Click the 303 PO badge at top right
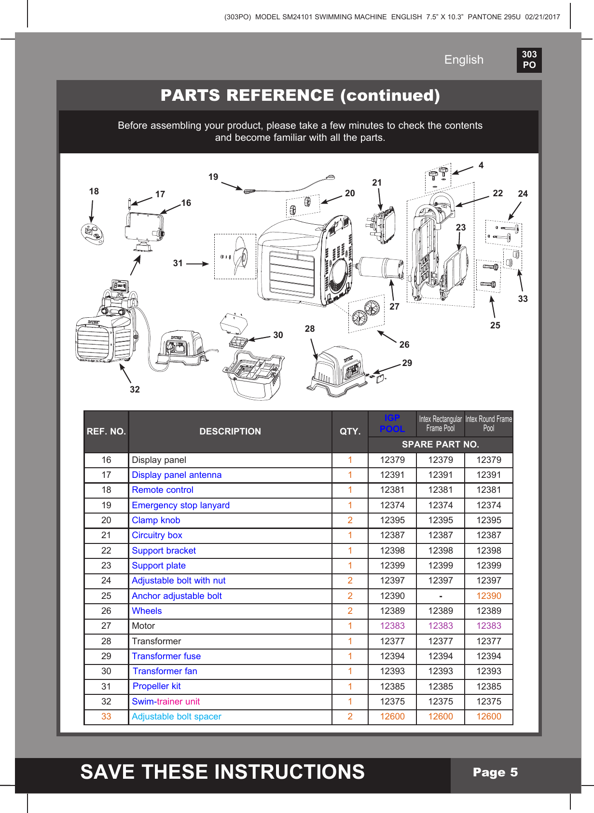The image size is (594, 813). (529, 60)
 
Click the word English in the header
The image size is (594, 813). (463, 60)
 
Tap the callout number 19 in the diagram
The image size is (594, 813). (213, 177)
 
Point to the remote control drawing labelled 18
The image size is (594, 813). (92, 234)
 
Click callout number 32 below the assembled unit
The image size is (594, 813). (135, 389)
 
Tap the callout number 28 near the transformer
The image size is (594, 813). (310, 328)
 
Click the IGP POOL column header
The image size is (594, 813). (392, 423)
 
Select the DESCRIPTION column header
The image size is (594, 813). (230, 432)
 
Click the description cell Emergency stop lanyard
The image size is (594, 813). (180, 505)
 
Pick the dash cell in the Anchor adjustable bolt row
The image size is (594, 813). (441, 596)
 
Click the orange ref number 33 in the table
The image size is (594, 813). (106, 717)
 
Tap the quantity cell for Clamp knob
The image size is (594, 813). (350, 520)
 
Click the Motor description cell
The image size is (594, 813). (143, 626)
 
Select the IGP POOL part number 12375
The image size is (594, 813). (392, 702)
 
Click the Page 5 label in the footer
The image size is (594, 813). (495, 772)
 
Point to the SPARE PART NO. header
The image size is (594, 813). (440, 445)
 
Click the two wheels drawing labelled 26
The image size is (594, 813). (365, 312)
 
